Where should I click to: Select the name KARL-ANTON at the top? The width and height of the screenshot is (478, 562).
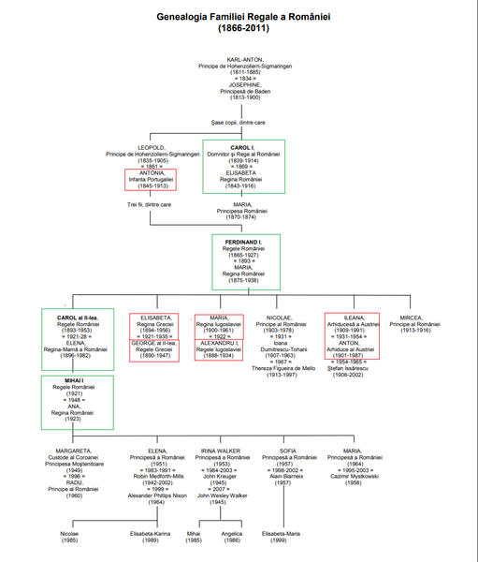239,58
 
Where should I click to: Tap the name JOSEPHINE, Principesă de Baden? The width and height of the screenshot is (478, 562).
239,85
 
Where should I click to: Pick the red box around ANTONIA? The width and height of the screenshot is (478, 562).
150,180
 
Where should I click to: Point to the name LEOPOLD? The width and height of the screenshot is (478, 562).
152,147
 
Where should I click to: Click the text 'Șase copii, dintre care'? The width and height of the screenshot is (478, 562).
238,122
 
